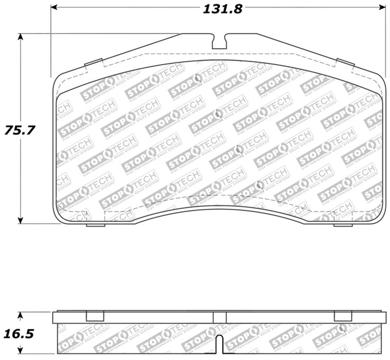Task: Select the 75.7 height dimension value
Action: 16,130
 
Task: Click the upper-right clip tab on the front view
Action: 345,63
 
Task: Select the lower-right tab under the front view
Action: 343,225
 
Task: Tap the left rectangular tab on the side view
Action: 95,317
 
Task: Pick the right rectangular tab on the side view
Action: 343,317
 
